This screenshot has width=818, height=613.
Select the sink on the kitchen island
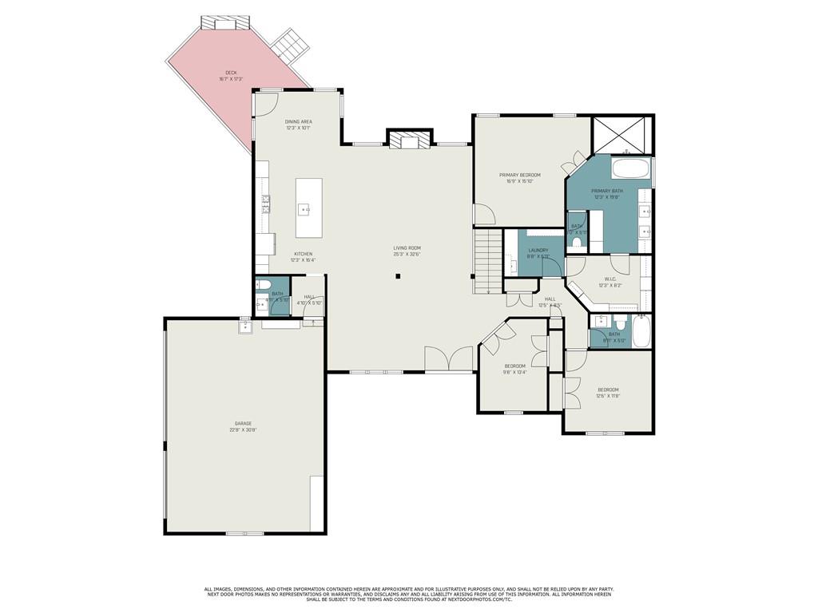click(x=304, y=210)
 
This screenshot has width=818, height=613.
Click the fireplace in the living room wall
click(x=409, y=140)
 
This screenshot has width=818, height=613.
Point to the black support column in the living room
click(x=398, y=277)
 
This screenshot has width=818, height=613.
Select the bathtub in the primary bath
click(x=631, y=169)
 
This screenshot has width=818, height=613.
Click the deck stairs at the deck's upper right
click(x=288, y=45)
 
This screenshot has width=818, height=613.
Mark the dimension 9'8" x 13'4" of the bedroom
click(x=514, y=371)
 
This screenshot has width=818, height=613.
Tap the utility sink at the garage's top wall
click(x=245, y=326)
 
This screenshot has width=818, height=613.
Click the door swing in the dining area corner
click(x=268, y=102)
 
